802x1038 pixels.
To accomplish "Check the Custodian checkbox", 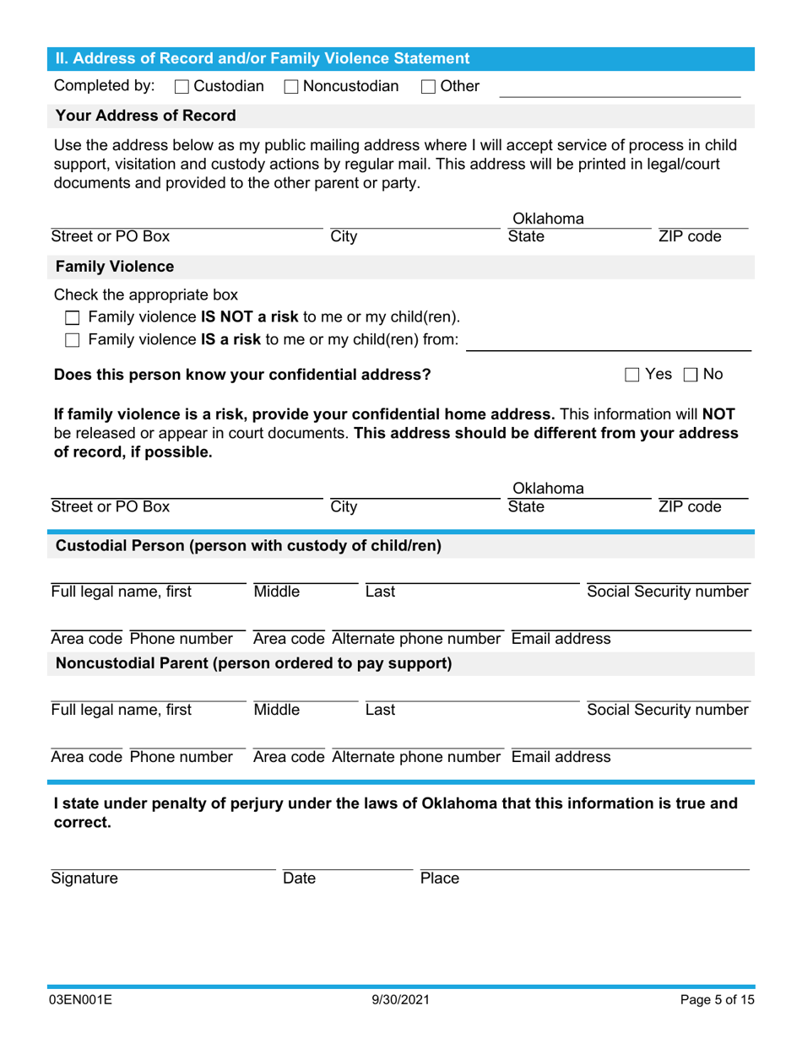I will [x=182, y=86].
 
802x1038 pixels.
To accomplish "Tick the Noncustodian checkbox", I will [x=290, y=86].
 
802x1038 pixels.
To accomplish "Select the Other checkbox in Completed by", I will [x=428, y=86].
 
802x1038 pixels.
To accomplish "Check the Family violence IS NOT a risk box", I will [x=73, y=318].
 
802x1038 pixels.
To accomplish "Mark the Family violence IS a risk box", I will [x=73, y=340].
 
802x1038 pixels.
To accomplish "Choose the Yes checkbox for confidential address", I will [x=632, y=375].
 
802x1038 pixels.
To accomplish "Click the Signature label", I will [x=84, y=879].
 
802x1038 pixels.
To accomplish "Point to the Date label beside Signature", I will [x=299, y=879].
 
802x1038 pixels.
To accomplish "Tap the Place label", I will [x=439, y=879].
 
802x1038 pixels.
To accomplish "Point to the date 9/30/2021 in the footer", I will [x=401, y=1001].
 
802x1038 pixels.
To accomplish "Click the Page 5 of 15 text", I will [x=718, y=1001].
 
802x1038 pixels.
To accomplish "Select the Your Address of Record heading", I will [x=145, y=116].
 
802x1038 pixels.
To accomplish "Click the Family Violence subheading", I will [x=115, y=268].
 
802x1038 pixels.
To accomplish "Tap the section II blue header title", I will [x=262, y=59].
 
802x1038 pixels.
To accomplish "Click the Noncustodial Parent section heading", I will [x=253, y=663].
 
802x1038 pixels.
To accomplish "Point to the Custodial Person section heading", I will [x=248, y=546].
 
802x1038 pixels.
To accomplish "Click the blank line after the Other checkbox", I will [x=620, y=91].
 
